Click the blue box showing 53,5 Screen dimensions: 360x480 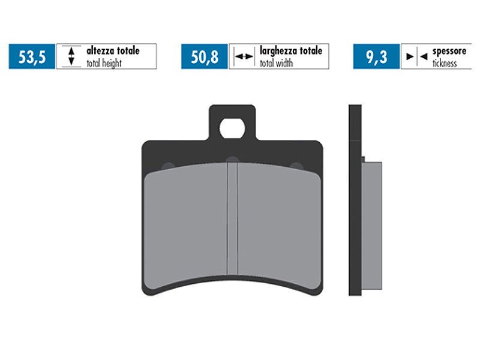[32, 57]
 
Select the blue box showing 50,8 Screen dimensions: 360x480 [204, 57]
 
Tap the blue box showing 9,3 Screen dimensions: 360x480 [376, 57]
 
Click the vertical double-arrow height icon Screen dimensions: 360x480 [71, 57]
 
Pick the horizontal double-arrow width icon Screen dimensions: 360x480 [243, 57]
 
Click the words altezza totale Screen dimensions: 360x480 [113, 51]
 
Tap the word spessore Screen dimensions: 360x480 [449, 51]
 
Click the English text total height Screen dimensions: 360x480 [104, 63]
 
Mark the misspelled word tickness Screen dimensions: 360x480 [445, 63]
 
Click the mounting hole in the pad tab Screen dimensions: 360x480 [232, 128]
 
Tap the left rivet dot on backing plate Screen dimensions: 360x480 [168, 166]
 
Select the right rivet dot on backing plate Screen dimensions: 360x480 [295, 166]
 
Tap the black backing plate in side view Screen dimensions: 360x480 [355, 204]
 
